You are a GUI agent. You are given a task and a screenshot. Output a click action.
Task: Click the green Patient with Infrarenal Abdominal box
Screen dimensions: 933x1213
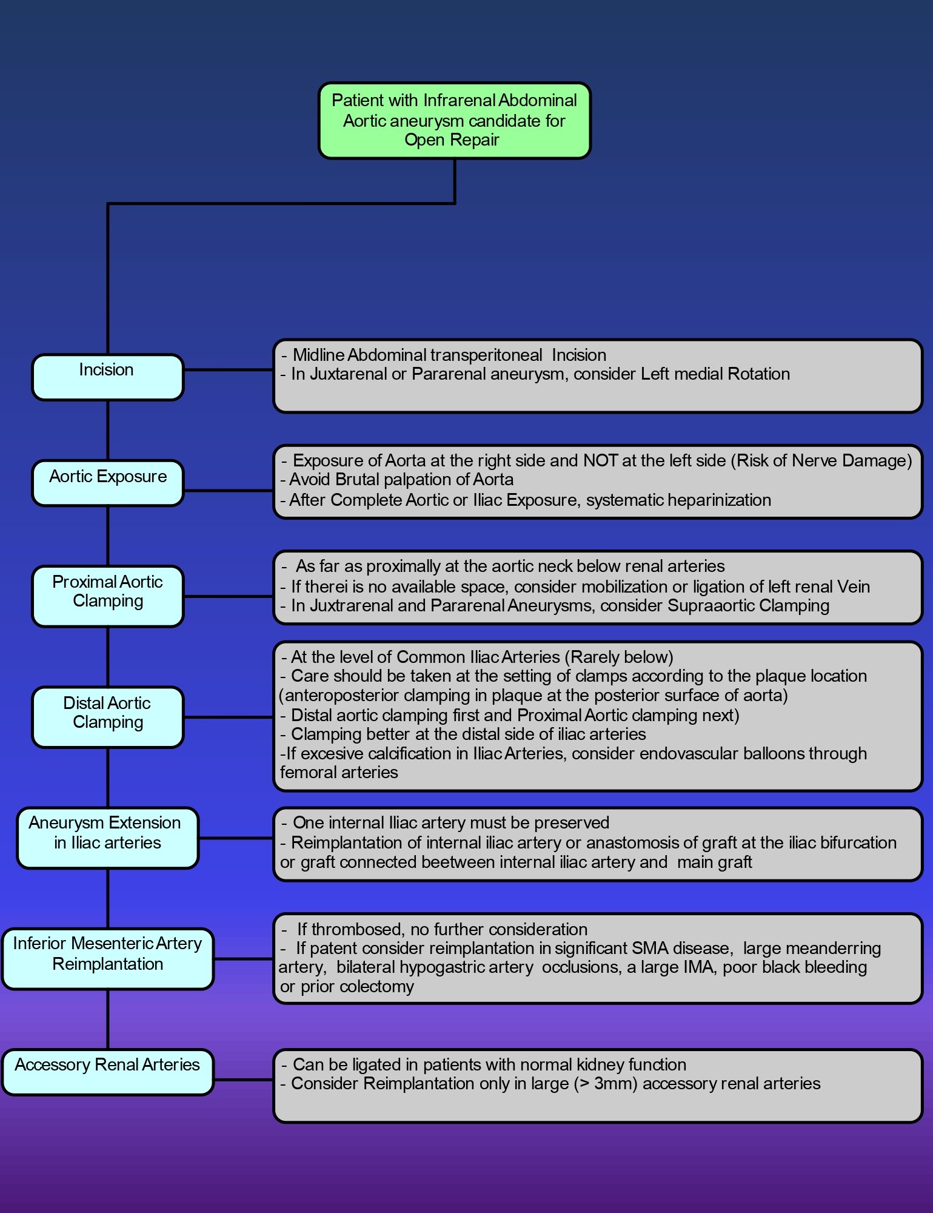pyautogui.click(x=455, y=121)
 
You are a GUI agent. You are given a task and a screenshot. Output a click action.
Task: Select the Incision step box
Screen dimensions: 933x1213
pyautogui.click(x=108, y=377)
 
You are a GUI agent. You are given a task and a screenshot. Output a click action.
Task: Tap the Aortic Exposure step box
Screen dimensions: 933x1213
pyautogui.click(x=108, y=483)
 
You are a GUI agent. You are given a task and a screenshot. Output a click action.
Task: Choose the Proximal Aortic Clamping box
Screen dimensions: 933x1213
pyautogui.click(x=108, y=596)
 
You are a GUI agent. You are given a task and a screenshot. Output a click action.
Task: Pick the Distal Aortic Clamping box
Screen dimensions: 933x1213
pyautogui.click(x=108, y=717)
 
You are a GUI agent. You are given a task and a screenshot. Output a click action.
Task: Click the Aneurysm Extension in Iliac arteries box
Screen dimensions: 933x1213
pyautogui.click(x=108, y=838)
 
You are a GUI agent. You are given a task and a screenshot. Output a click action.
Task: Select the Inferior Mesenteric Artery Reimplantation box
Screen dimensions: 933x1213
pyautogui.click(x=108, y=959)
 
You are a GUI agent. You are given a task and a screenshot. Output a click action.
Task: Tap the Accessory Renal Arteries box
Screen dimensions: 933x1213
pyautogui.click(x=108, y=1072)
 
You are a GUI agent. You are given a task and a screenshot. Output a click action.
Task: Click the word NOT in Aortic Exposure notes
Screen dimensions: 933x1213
pyautogui.click(x=600, y=461)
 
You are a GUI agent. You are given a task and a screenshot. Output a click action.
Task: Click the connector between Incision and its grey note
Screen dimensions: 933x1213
pyautogui.click(x=229, y=369)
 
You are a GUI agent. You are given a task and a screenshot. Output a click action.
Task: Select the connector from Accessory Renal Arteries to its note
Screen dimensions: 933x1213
pyautogui.click(x=244, y=1080)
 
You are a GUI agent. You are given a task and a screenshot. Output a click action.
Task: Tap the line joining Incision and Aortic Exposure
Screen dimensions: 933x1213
pyautogui.click(x=108, y=430)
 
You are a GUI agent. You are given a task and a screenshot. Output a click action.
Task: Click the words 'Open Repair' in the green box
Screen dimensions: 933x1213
pyautogui.click(x=452, y=140)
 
